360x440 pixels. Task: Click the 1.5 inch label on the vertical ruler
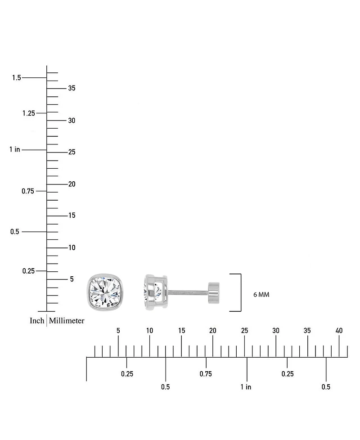pyautogui.click(x=16, y=77)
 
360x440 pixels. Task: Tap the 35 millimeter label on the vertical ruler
pyautogui.click(x=72, y=88)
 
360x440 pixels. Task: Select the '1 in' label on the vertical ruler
pyautogui.click(x=14, y=149)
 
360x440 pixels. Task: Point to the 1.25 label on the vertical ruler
pyautogui.click(x=29, y=113)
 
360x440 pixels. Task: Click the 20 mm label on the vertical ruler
pyautogui.click(x=72, y=184)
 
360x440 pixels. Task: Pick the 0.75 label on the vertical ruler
pyautogui.click(x=28, y=191)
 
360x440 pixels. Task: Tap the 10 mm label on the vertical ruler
pyautogui.click(x=72, y=247)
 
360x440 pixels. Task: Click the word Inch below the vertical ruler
pyautogui.click(x=37, y=320)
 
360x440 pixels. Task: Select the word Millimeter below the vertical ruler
pyautogui.click(x=67, y=320)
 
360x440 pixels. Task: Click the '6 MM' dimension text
pyautogui.click(x=261, y=295)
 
